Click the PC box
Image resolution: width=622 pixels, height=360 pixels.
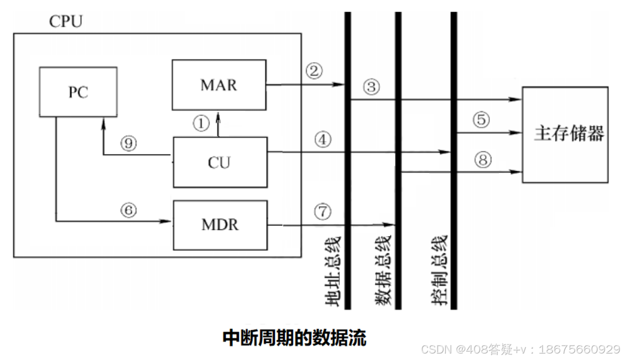(x=79, y=92)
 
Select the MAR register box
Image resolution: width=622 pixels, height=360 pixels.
(x=218, y=85)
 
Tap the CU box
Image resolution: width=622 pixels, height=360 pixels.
(x=219, y=162)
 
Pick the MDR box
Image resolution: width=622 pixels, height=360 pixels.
(x=219, y=224)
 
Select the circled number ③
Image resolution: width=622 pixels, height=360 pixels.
(x=371, y=88)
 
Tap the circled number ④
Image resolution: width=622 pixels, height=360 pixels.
(x=322, y=140)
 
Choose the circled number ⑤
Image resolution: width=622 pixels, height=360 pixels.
(x=481, y=120)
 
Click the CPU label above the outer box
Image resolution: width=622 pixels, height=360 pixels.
(x=66, y=22)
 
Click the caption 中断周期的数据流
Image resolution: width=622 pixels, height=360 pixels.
(x=294, y=338)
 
